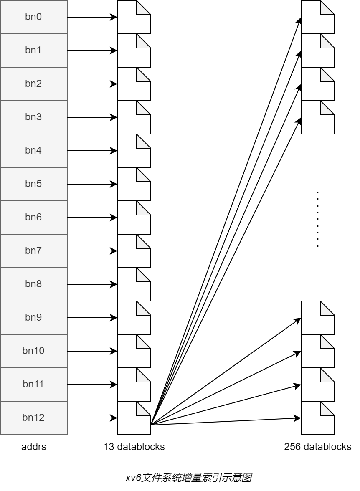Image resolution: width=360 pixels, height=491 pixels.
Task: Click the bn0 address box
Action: [x=33, y=17]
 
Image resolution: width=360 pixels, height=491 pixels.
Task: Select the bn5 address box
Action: [x=33, y=184]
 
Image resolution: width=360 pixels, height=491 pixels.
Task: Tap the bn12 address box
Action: [x=33, y=418]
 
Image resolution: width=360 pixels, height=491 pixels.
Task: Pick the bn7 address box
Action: [x=33, y=251]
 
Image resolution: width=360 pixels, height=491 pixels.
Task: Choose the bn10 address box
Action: [x=33, y=351]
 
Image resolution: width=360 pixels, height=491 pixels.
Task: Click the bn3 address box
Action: [x=33, y=117]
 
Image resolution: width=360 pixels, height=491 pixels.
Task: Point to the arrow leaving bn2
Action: [x=92, y=84]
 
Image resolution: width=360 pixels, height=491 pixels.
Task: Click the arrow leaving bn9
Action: [x=92, y=318]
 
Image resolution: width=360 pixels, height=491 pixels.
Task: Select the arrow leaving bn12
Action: [x=92, y=418]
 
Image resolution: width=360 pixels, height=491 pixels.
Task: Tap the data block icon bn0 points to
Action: [x=134, y=17]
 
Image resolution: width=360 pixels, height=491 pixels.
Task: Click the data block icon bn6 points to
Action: [x=134, y=218]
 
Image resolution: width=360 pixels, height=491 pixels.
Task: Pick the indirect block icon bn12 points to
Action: [x=134, y=418]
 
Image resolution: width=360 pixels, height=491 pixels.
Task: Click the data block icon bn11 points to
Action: [x=134, y=385]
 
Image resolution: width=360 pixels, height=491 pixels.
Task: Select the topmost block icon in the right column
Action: [x=317, y=17]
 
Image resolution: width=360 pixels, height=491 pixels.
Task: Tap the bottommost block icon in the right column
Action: [x=317, y=418]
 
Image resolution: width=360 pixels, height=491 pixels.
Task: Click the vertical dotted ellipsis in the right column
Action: [x=317, y=219]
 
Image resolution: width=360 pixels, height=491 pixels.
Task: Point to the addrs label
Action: [x=34, y=447]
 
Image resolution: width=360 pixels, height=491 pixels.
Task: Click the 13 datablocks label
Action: [x=134, y=447]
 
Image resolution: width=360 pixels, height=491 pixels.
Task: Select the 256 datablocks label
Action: [x=317, y=447]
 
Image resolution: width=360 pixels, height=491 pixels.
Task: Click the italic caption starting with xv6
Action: [x=188, y=477]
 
